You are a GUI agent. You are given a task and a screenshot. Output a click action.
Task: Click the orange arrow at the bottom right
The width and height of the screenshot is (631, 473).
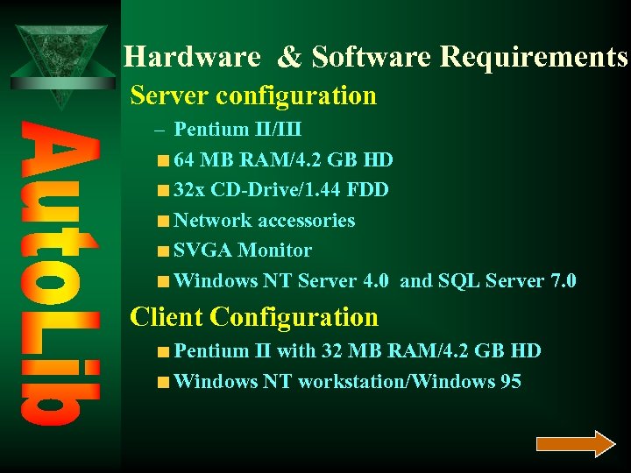tap(576, 444)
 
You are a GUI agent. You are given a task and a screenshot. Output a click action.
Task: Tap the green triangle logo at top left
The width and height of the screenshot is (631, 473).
tap(60, 61)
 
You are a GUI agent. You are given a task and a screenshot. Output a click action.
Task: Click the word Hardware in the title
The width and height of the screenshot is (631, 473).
tap(192, 57)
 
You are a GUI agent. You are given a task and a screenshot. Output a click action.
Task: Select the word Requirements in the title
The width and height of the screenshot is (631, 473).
tap(534, 57)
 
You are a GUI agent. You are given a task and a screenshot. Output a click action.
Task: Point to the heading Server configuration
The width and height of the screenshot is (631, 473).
tap(253, 95)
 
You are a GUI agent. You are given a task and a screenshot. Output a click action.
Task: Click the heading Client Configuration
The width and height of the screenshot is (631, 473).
tap(254, 317)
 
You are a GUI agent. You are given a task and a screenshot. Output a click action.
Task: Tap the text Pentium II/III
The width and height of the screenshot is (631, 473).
tap(238, 130)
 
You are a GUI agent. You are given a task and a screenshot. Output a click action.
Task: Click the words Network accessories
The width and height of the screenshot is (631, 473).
tap(265, 221)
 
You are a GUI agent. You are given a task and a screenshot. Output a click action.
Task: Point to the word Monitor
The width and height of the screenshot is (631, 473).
tap(274, 251)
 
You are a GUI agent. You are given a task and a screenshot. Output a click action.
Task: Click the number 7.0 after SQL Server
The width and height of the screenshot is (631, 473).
tap(560, 281)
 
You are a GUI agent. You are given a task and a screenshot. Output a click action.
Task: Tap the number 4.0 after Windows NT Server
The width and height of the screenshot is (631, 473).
tap(378, 281)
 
